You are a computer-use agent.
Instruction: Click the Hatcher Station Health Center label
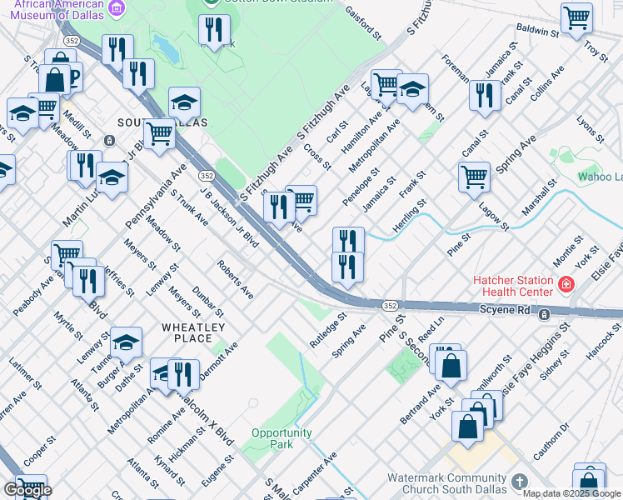(513, 286)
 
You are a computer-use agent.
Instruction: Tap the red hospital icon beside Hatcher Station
(566, 286)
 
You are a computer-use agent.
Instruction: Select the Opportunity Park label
(282, 438)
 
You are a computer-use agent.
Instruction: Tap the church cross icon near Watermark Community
(519, 482)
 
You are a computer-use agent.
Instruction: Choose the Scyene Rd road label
(505, 310)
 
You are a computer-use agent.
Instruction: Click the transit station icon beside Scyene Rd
(543, 314)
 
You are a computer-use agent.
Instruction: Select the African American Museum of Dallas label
(52, 9)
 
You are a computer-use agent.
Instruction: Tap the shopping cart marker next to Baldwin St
(576, 17)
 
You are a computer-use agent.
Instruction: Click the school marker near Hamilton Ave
(412, 89)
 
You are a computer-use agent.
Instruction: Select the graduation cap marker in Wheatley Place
(126, 342)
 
